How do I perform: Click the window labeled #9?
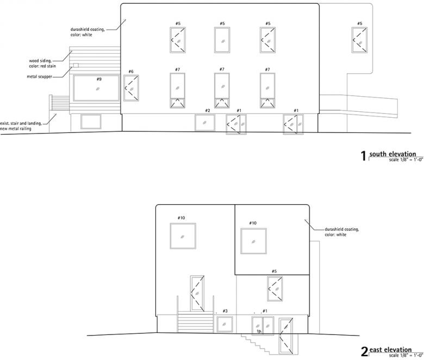pyautogui.click(x=96, y=88)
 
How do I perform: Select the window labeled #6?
pyautogui.click(x=131, y=88)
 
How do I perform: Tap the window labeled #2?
pyautogui.click(x=205, y=123)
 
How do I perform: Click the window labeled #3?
pyautogui.click(x=225, y=324)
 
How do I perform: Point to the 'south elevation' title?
pyautogui.click(x=392, y=154)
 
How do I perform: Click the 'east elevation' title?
pyautogui.click(x=390, y=350)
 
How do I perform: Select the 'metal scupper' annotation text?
pyautogui.click(x=40, y=77)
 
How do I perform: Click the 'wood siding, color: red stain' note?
pyautogui.click(x=42, y=64)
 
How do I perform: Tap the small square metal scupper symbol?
pyautogui.click(x=76, y=65)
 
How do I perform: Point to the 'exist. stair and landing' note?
pyautogui.click(x=21, y=126)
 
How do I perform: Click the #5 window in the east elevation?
pyautogui.click(x=275, y=289)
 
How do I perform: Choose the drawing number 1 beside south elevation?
pyautogui.click(x=364, y=156)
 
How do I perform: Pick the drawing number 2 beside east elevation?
pyautogui.click(x=365, y=352)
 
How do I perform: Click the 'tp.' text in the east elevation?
pyautogui.click(x=259, y=331)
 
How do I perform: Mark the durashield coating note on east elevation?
pyautogui.click(x=342, y=232)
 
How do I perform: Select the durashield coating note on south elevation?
pyautogui.click(x=88, y=32)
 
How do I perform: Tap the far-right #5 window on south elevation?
pyautogui.click(x=359, y=40)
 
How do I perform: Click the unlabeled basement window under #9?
pyautogui.click(x=91, y=122)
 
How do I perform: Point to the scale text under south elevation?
pyautogui.click(x=406, y=160)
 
